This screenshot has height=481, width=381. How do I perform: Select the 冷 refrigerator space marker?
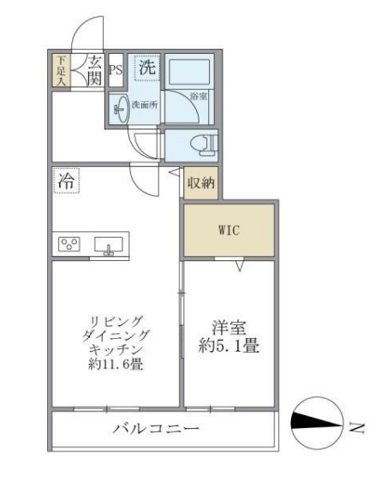(x=66, y=181)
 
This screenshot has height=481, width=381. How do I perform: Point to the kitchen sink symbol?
(x=108, y=245)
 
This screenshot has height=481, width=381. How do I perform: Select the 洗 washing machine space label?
(x=147, y=66)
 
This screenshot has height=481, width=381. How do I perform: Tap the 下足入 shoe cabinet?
(x=62, y=69)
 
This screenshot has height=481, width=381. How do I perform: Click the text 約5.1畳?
(x=230, y=347)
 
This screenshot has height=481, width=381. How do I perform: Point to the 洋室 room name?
(x=230, y=326)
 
